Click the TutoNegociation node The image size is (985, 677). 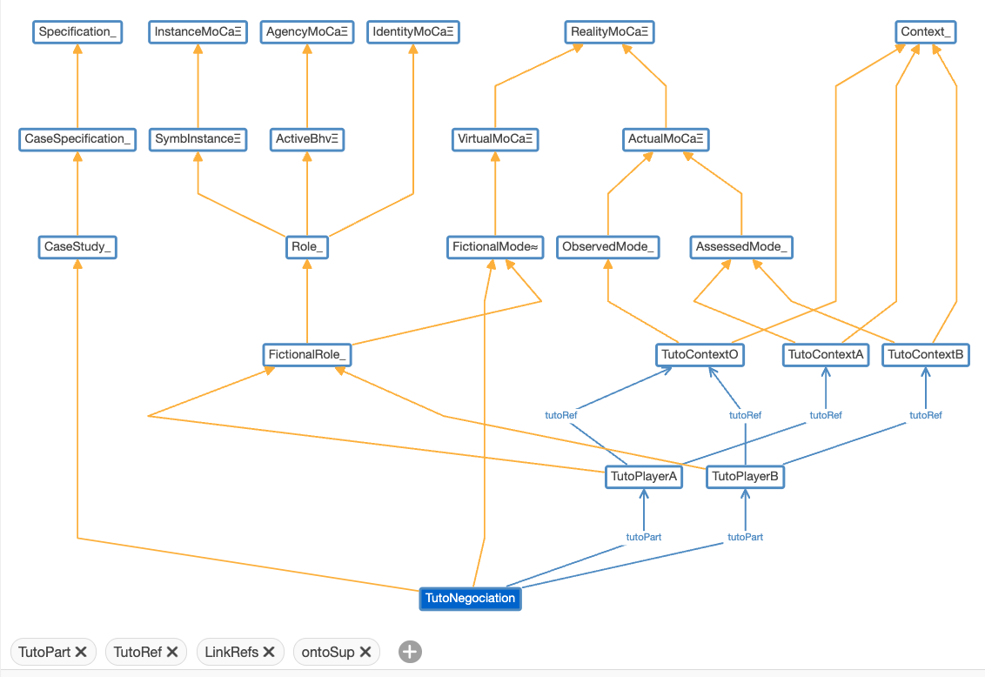(x=470, y=599)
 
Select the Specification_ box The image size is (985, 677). (x=77, y=33)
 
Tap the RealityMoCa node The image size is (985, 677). (x=609, y=33)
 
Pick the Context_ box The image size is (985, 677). (x=927, y=33)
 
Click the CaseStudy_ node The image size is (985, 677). (x=77, y=247)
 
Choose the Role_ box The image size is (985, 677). (x=306, y=247)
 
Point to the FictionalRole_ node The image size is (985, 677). (x=307, y=355)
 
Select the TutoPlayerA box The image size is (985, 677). (x=643, y=477)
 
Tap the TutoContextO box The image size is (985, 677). (x=700, y=355)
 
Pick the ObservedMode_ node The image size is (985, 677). (x=607, y=247)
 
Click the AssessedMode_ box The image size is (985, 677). (x=741, y=247)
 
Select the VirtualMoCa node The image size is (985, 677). (x=494, y=139)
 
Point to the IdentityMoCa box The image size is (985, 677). (x=412, y=33)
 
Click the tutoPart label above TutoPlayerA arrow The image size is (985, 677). (x=644, y=537)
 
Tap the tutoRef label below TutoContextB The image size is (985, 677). (x=926, y=415)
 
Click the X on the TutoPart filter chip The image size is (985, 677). (x=81, y=652)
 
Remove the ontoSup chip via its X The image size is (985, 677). (x=365, y=652)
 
